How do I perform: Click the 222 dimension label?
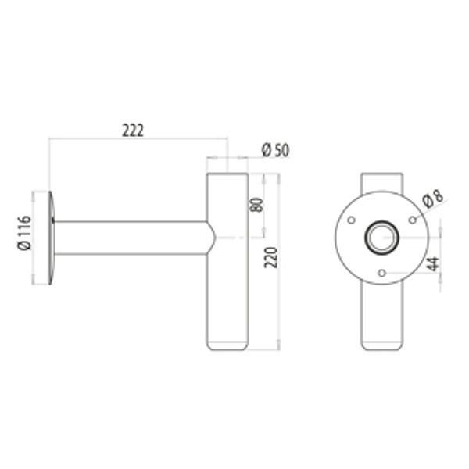134,131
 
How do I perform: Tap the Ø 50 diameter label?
276,150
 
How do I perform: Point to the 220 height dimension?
271,256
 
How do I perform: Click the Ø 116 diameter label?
23,233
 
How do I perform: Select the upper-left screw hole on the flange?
351,219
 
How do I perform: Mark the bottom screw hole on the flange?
381,273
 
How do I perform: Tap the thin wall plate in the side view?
51,238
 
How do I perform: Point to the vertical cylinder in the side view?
227,297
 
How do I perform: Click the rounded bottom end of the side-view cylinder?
227,345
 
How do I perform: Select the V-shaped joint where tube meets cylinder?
210,238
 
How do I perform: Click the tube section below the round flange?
381,313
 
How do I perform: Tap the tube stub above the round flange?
381,182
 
